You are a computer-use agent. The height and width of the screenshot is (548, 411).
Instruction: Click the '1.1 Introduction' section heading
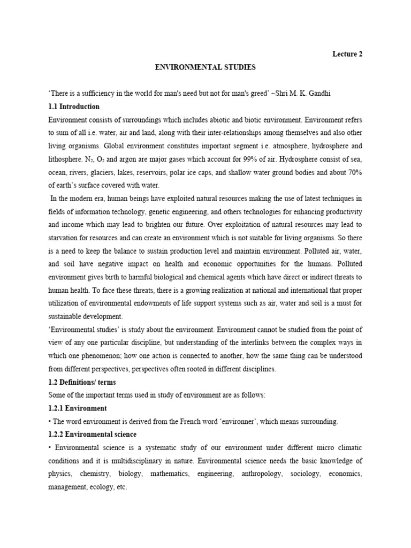[74, 106]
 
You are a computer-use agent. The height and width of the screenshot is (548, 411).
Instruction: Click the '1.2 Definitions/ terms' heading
[81, 382]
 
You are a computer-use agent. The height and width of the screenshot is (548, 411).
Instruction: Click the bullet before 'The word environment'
[49, 421]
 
